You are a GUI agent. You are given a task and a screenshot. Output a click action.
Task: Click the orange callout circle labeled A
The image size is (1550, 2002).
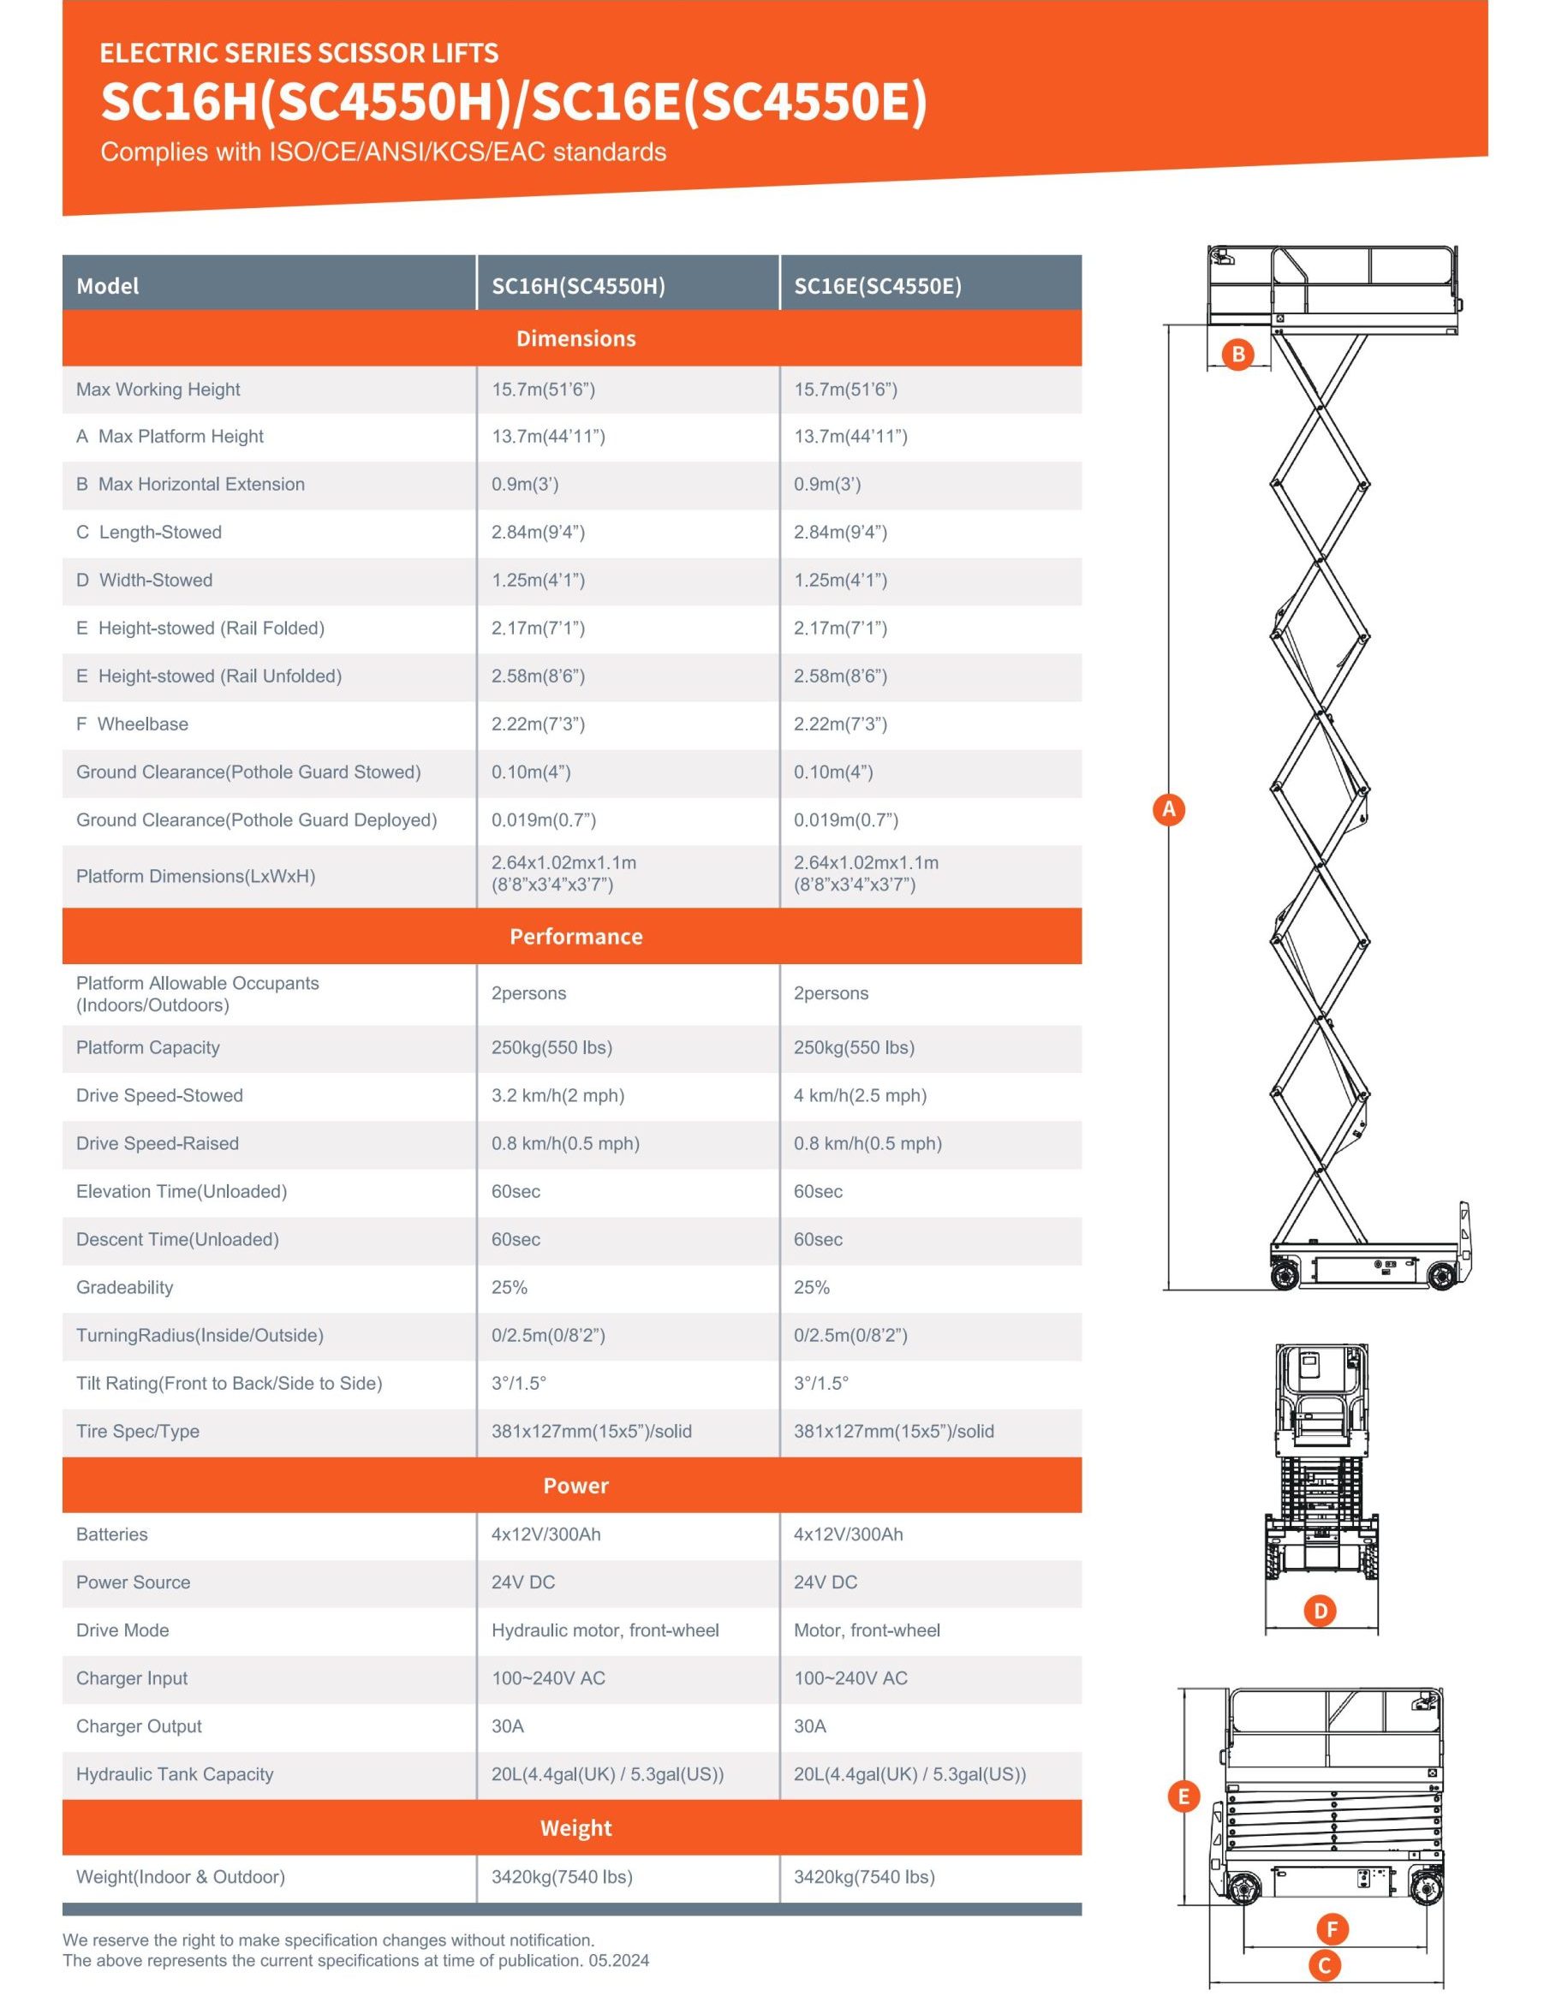pos(1169,809)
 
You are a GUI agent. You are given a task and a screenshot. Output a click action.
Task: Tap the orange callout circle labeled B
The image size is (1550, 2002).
pos(1237,354)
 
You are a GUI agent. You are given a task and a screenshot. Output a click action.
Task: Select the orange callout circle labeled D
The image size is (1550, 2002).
pos(1320,1611)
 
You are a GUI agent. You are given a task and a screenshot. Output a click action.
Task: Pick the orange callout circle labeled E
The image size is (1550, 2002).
pos(1183,1796)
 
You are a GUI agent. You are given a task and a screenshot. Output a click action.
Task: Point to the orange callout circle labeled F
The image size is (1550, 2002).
pos(1332,1928)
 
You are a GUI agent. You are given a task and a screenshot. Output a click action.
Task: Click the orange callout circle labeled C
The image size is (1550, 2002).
pos(1324,1964)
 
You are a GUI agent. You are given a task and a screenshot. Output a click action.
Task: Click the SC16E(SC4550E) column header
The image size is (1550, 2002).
pos(877,286)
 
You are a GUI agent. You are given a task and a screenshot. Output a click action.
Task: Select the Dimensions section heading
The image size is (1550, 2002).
pos(575,338)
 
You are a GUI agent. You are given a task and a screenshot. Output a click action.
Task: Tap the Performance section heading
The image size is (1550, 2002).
pos(575,936)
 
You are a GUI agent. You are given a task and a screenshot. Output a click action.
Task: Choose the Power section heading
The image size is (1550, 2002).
pos(575,1486)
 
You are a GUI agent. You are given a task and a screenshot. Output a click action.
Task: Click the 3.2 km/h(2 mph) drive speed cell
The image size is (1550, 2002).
pos(557,1095)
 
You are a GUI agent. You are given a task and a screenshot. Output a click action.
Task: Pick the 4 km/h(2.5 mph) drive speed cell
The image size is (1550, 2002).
pos(860,1095)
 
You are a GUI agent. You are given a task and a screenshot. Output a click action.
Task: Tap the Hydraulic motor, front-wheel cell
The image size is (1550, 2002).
pos(605,1630)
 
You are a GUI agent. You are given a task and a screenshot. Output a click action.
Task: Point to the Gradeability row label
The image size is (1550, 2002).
pos(125,1287)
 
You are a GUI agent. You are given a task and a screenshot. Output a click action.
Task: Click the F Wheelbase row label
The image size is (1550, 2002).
pos(132,724)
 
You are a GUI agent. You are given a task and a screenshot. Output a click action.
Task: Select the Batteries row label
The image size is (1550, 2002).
pos(112,1534)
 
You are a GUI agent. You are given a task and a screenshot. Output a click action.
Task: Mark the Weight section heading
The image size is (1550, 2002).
pos(575,1828)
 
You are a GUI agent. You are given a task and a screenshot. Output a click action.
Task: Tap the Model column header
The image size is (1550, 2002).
pos(107,286)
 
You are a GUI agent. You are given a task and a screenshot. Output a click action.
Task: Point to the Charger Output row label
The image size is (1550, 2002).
pos(139,1726)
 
